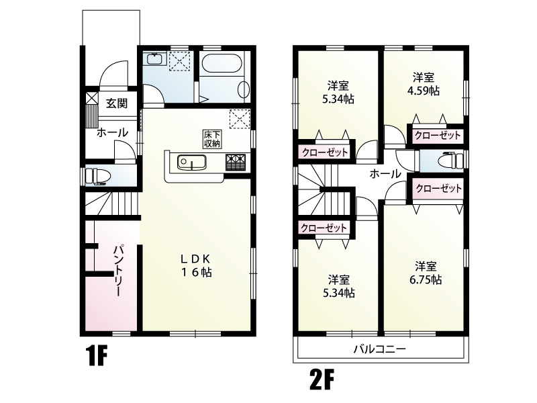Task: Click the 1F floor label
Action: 95,355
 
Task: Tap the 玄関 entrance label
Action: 117,103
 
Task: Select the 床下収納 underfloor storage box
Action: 211,139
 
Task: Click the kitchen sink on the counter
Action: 191,162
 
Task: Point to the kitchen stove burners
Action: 236,163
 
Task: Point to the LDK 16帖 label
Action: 195,265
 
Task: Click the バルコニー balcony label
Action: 380,349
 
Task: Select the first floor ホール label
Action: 112,133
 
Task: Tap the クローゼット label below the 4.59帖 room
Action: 438,136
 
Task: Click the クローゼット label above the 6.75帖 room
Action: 438,189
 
